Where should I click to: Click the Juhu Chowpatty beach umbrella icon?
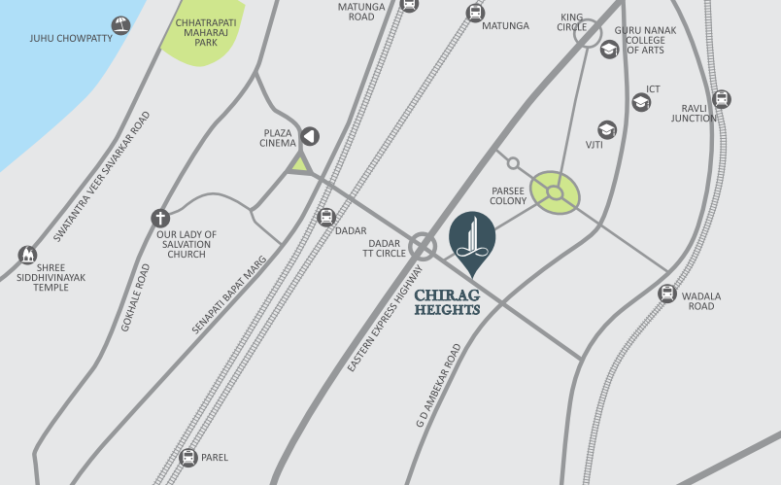coord(120,25)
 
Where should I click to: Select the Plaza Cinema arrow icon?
coord(310,137)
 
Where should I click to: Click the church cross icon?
coord(160,219)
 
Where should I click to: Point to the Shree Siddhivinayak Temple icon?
coord(28,256)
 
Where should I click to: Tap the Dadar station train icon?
coord(326,217)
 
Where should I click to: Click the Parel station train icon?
coord(187,457)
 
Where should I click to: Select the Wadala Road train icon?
coord(667,293)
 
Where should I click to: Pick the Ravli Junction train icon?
coord(721,99)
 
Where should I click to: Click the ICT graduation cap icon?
coord(641,102)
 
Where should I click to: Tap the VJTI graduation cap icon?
coord(607,130)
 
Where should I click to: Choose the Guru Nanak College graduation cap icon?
coord(610,50)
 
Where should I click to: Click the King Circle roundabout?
coord(587,36)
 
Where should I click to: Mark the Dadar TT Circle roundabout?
coord(423,246)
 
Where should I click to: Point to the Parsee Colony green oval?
coord(556,192)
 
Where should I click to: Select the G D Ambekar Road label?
coord(437,387)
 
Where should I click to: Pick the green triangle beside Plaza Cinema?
coord(300,164)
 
